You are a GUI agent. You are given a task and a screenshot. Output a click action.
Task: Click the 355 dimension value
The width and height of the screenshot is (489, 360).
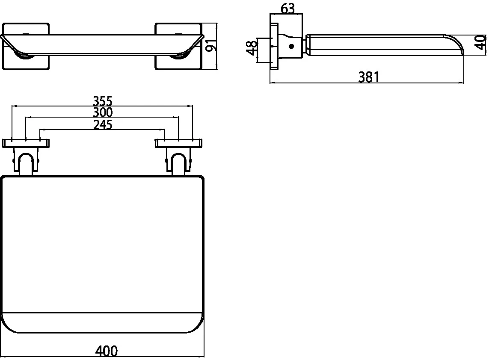point(103,101)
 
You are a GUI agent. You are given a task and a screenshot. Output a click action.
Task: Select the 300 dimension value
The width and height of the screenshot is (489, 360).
point(103,112)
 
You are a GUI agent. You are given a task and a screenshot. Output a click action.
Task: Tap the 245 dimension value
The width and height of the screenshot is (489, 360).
point(103,124)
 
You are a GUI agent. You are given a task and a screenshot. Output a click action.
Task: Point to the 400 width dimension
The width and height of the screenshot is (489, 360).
point(107,351)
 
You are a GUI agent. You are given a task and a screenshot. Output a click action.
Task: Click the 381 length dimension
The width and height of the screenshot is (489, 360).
point(369,77)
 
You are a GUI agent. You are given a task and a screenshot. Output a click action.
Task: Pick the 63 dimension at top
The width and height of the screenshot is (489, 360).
point(287,9)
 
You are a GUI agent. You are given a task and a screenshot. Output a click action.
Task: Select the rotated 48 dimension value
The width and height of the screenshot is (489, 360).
point(252,48)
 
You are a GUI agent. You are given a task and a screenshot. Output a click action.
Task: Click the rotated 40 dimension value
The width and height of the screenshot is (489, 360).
point(481,43)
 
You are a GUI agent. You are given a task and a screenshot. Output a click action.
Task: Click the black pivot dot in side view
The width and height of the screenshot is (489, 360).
point(291,47)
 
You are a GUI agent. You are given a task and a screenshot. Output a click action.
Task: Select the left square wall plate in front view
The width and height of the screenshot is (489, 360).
point(26,46)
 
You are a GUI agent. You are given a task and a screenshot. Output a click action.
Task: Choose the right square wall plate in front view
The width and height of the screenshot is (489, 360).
point(178,46)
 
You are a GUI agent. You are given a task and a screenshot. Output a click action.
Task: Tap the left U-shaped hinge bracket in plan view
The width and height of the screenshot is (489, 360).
point(26,160)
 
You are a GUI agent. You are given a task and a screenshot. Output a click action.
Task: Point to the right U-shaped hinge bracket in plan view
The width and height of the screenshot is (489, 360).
point(178,160)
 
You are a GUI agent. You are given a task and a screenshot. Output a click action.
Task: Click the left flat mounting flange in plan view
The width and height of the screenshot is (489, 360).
point(26,143)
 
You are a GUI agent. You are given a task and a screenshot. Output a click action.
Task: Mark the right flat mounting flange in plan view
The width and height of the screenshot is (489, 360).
point(178,143)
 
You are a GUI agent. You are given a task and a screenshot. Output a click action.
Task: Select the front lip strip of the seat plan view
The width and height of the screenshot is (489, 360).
point(103,323)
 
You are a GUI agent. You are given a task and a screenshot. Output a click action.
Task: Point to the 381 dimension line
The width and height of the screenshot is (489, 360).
point(367,83)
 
